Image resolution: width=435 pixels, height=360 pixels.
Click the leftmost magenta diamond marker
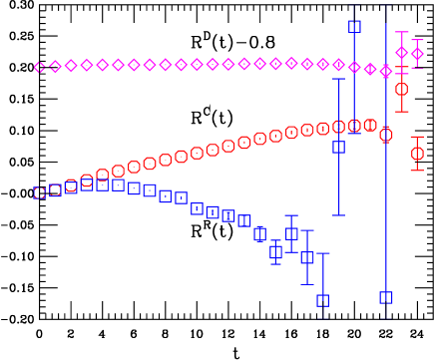click(40, 68)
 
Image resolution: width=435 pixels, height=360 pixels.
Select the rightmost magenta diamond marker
click(417, 54)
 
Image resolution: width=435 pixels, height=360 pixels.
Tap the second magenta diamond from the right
click(402, 52)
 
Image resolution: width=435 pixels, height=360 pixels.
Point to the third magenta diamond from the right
click(386, 72)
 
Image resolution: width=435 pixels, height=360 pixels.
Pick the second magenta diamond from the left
click(56, 67)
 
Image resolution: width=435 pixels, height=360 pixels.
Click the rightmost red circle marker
click(417, 154)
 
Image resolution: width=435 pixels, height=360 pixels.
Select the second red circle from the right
click(401, 89)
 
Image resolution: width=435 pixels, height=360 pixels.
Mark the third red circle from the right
click(386, 135)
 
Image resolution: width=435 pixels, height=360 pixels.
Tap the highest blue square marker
click(354, 27)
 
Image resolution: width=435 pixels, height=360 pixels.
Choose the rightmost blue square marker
click(386, 297)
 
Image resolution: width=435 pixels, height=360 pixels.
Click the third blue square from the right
click(338, 147)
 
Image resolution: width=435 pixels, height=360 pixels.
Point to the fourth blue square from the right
click(322, 300)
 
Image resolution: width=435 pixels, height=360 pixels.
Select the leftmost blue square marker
click(40, 193)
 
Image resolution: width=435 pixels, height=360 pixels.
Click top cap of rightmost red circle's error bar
click(417, 137)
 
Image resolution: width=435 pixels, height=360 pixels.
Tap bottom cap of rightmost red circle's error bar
click(417, 171)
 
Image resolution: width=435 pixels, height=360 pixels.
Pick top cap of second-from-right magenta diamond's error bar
click(402, 32)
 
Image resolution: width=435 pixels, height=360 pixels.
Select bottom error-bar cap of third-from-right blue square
click(338, 215)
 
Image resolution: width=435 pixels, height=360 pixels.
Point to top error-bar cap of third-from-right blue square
click(338, 79)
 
